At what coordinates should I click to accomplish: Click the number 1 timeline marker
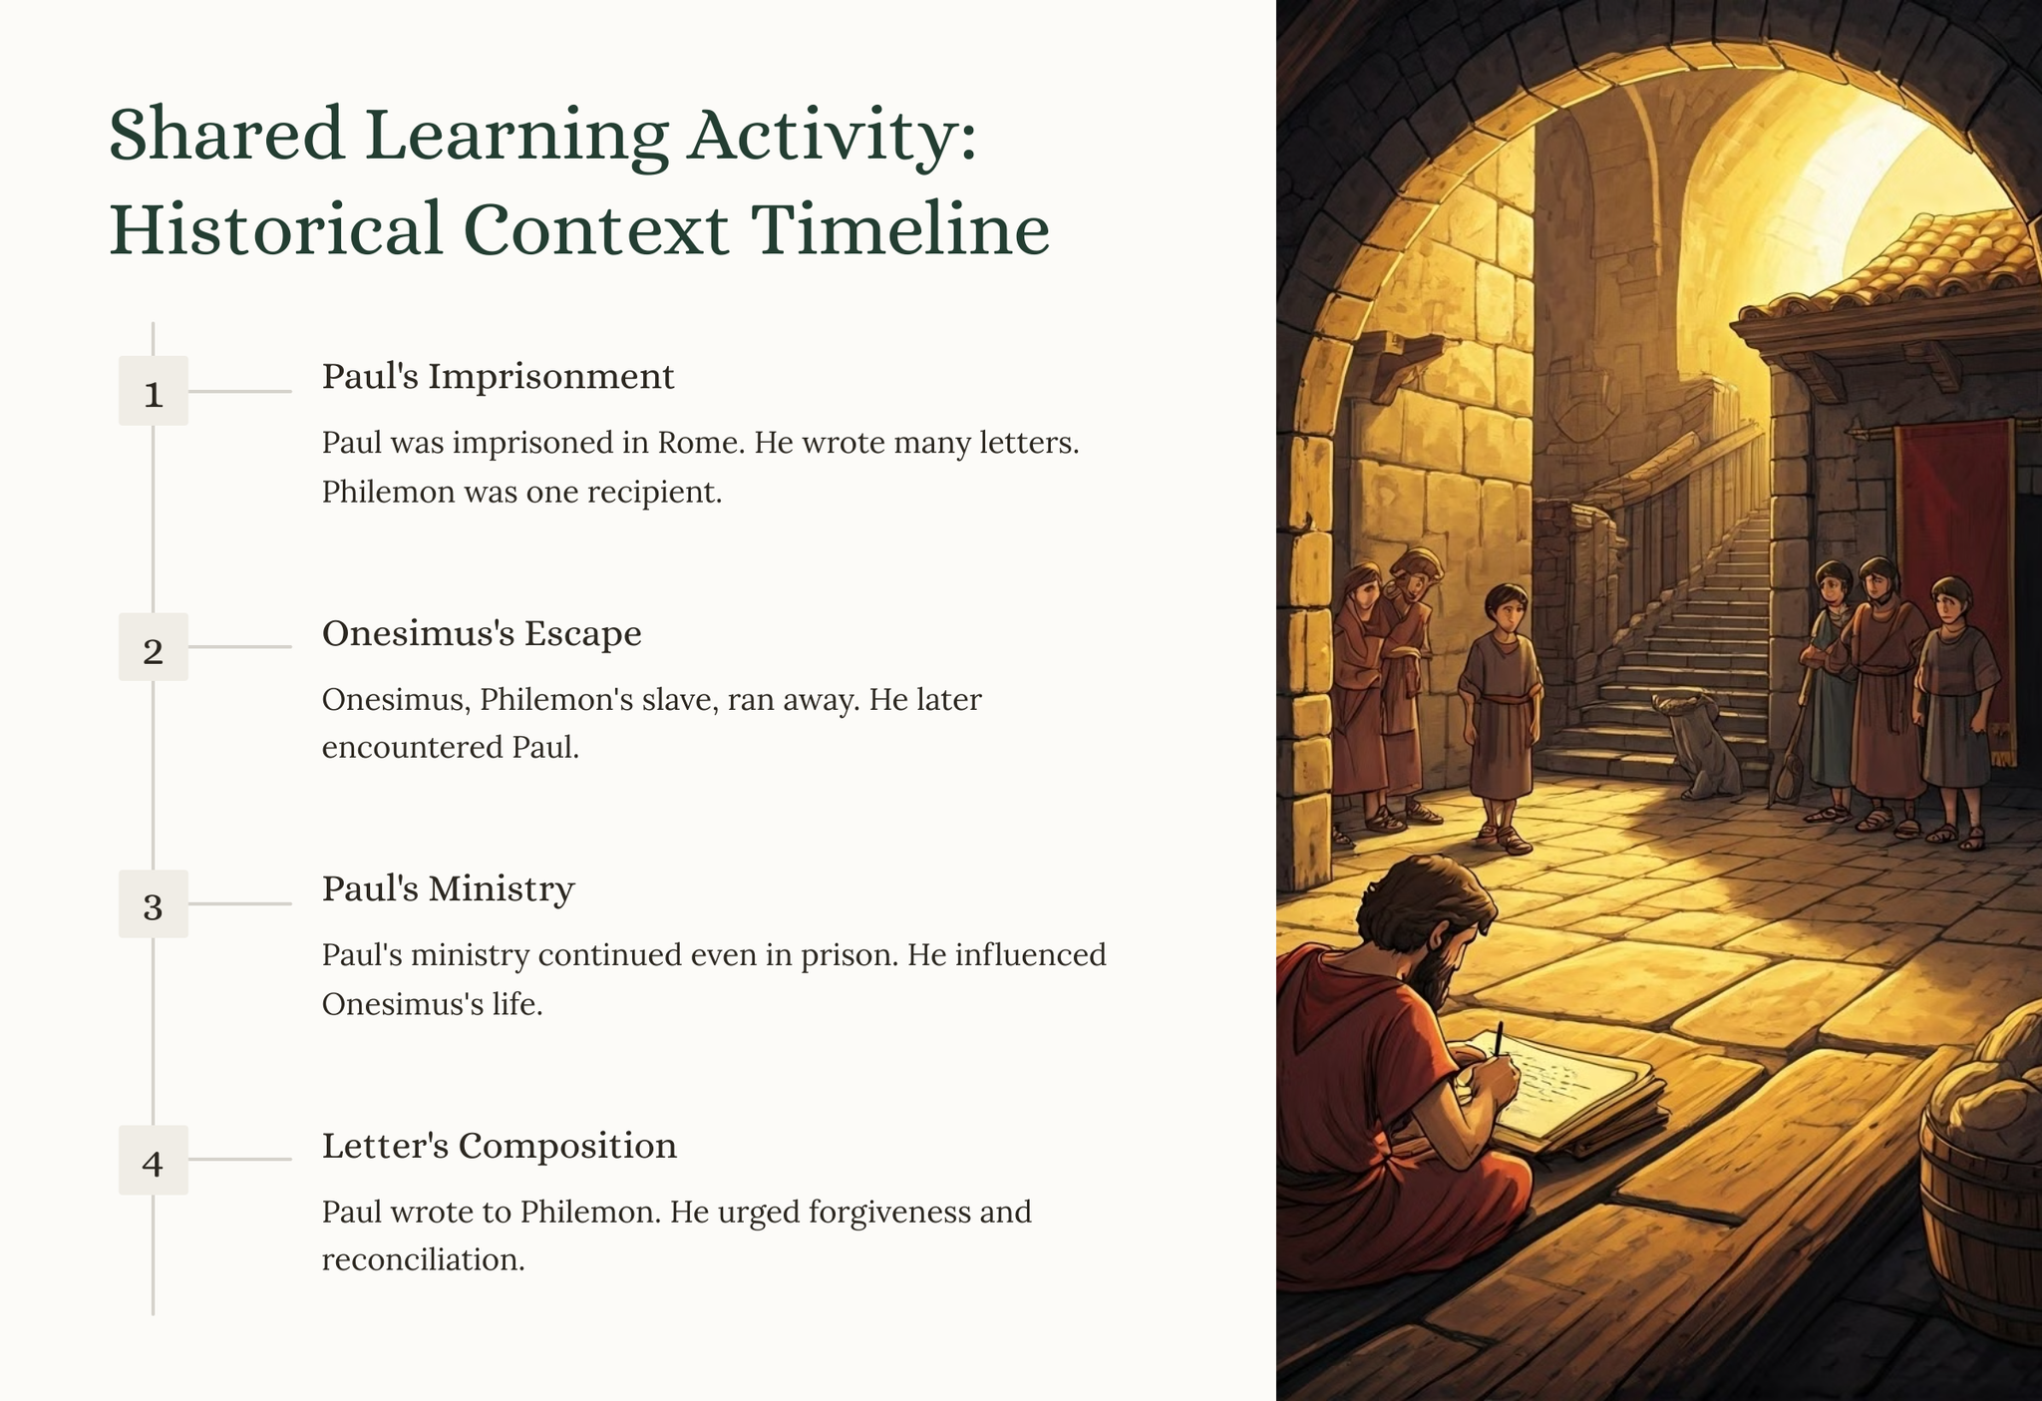click(154, 391)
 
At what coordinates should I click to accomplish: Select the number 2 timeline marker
click(154, 647)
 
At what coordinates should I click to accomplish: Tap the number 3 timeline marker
click(154, 903)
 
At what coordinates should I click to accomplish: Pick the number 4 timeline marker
click(154, 1160)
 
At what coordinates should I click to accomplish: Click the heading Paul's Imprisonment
click(499, 377)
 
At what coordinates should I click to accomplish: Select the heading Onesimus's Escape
click(482, 633)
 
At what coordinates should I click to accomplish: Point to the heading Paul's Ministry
click(448, 889)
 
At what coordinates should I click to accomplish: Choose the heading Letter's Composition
click(500, 1146)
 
